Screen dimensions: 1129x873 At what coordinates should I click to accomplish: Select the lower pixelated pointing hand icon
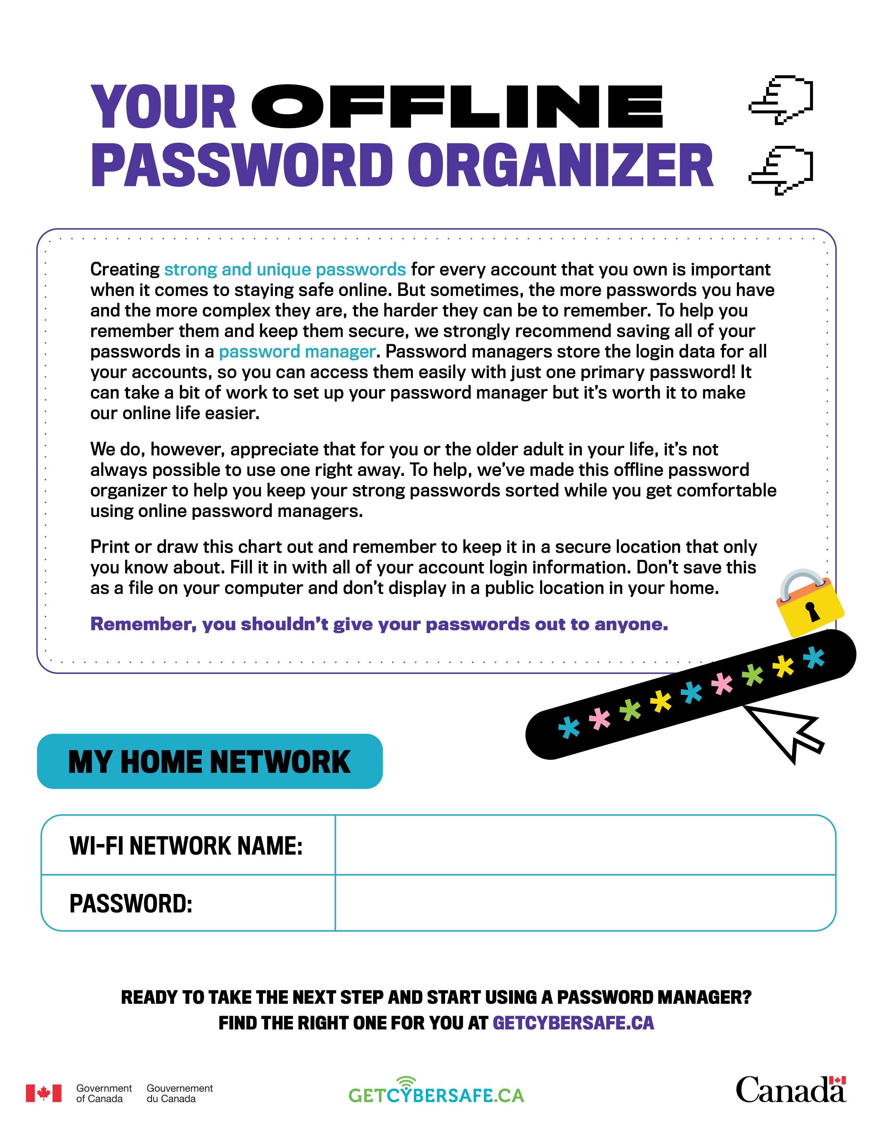[x=781, y=171]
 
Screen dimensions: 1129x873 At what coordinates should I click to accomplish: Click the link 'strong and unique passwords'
[x=285, y=269]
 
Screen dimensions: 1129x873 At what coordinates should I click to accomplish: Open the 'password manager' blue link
[x=297, y=351]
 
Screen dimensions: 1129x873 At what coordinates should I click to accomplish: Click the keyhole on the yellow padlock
[x=813, y=612]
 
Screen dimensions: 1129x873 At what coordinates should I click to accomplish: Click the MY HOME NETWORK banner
[x=210, y=762]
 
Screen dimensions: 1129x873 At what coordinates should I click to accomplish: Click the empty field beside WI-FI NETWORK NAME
[x=584, y=846]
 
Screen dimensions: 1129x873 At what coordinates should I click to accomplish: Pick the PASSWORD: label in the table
[x=131, y=904]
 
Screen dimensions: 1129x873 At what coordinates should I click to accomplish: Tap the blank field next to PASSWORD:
[x=584, y=904]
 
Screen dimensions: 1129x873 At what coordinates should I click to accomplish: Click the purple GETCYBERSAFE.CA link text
[x=573, y=1023]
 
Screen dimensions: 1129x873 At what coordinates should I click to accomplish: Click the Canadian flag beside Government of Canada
[x=43, y=1093]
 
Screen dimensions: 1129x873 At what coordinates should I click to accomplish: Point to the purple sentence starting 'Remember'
[x=379, y=624]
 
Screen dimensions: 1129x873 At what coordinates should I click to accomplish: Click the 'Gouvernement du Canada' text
[x=179, y=1093]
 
